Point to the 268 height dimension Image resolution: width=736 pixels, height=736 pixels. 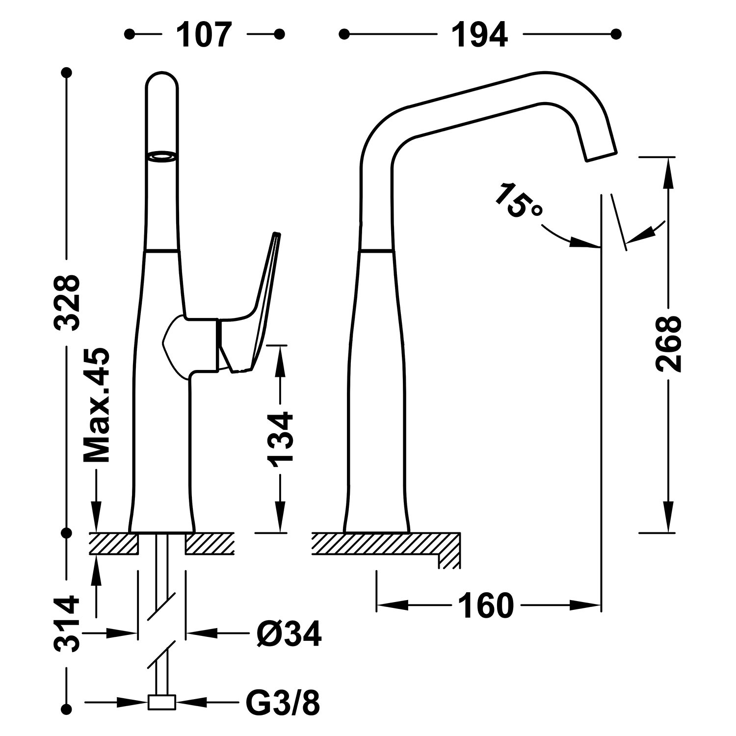668,343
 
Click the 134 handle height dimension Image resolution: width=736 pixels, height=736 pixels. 280,438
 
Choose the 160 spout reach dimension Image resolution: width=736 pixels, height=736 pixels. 486,605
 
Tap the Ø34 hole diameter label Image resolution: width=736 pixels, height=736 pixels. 289,634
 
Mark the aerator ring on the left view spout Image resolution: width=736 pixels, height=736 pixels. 161,157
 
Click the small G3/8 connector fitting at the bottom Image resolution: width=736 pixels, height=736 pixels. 161,702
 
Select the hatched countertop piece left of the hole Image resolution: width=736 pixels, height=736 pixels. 113,544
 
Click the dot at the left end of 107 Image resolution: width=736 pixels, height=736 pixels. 130,34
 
